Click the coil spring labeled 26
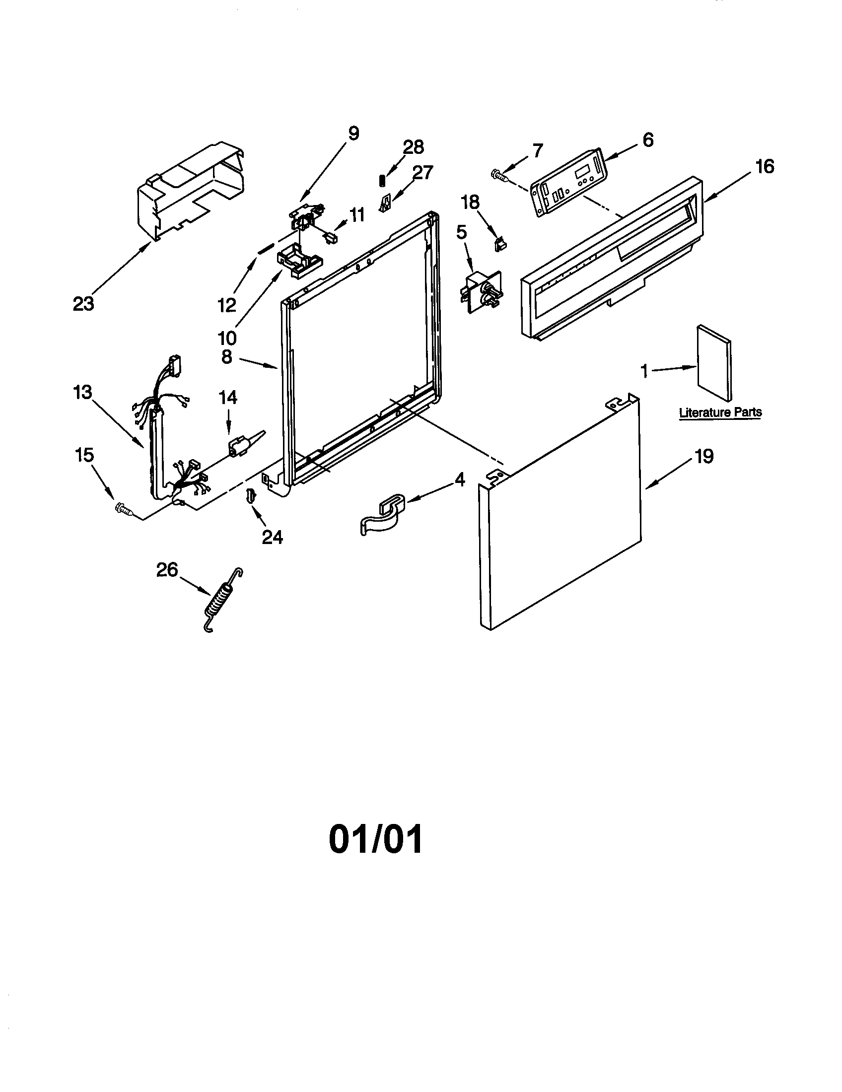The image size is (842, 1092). point(221,602)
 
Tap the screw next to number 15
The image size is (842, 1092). point(124,509)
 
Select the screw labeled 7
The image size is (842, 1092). point(498,175)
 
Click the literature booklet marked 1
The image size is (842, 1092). point(714,362)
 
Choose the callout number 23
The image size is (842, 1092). point(83,303)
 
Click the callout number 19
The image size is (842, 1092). point(704,456)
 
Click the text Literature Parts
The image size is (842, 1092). point(720,412)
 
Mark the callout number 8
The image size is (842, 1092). point(227,357)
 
